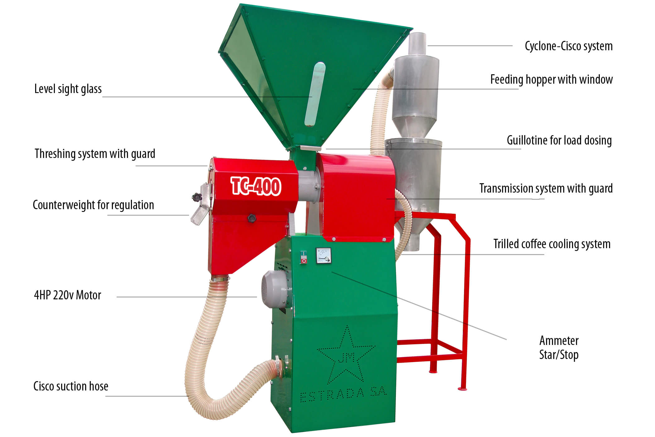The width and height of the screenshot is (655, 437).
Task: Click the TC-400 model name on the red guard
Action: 256,186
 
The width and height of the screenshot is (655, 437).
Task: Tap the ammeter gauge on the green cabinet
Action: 323,256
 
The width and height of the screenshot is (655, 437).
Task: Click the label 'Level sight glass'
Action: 68,89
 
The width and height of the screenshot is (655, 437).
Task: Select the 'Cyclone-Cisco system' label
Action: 569,46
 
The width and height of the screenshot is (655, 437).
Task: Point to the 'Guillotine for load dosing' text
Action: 559,140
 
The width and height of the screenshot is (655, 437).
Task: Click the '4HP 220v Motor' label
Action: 68,295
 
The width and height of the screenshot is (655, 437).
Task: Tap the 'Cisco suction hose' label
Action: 71,386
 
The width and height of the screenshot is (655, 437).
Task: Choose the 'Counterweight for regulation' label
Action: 93,205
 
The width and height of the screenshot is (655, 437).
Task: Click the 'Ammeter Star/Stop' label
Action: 559,348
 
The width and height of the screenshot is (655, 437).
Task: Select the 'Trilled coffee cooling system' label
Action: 552,244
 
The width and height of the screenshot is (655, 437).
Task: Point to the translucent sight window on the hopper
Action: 315,95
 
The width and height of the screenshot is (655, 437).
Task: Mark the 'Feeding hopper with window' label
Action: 551,80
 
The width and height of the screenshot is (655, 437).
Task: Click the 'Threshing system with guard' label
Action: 95,154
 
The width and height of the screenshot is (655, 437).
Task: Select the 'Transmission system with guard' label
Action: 546,189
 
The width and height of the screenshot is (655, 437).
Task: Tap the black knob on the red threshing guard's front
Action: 251,218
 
